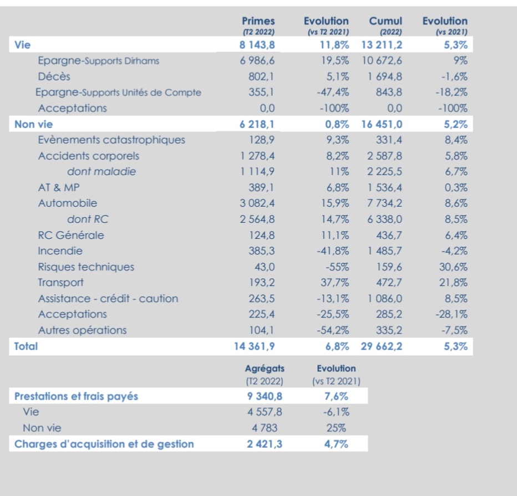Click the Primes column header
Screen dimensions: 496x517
tap(258, 22)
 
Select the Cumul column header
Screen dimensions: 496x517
tap(386, 22)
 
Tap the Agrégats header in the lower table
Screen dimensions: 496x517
tap(264, 369)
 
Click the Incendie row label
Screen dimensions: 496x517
tap(60, 251)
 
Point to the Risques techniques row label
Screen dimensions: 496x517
tap(86, 267)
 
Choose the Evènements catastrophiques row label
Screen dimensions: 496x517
tap(111, 140)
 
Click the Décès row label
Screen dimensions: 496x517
tap(54, 76)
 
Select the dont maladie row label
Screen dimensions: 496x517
tap(102, 172)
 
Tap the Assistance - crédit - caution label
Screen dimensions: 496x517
tap(108, 299)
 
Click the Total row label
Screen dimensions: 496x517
tap(26, 346)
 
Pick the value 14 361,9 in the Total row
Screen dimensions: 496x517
tap(254, 346)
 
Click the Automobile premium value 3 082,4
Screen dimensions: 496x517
tap(257, 203)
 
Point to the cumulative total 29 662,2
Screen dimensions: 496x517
tap(382, 346)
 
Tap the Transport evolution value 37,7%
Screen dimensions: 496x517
tap(335, 283)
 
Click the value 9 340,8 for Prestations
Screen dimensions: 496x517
tap(264, 396)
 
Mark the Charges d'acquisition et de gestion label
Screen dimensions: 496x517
tap(104, 444)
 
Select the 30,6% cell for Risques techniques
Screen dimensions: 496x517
tap(453, 267)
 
